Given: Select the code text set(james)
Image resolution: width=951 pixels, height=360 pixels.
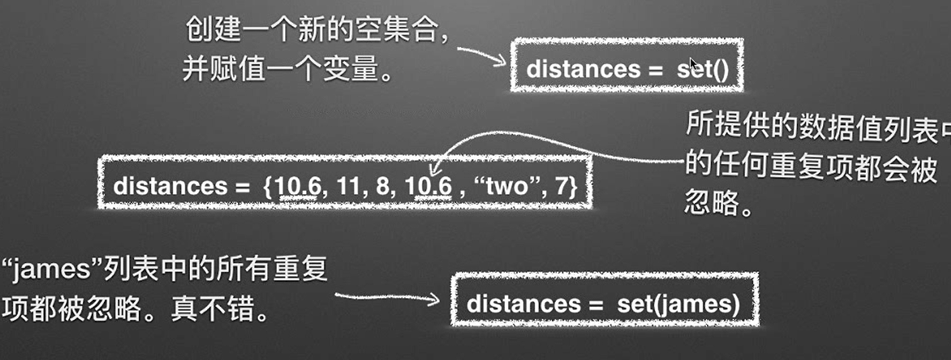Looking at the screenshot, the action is tap(678, 303).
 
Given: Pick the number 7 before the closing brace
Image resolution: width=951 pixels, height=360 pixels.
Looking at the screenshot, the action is tap(561, 186).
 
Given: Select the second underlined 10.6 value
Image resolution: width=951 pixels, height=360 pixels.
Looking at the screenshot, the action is tap(429, 186).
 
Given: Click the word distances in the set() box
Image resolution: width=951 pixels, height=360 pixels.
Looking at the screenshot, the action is tap(583, 70).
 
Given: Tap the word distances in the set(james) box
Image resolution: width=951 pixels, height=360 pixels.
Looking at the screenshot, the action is tap(524, 303).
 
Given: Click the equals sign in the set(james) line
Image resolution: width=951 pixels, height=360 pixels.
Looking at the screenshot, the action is tap(594, 303).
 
